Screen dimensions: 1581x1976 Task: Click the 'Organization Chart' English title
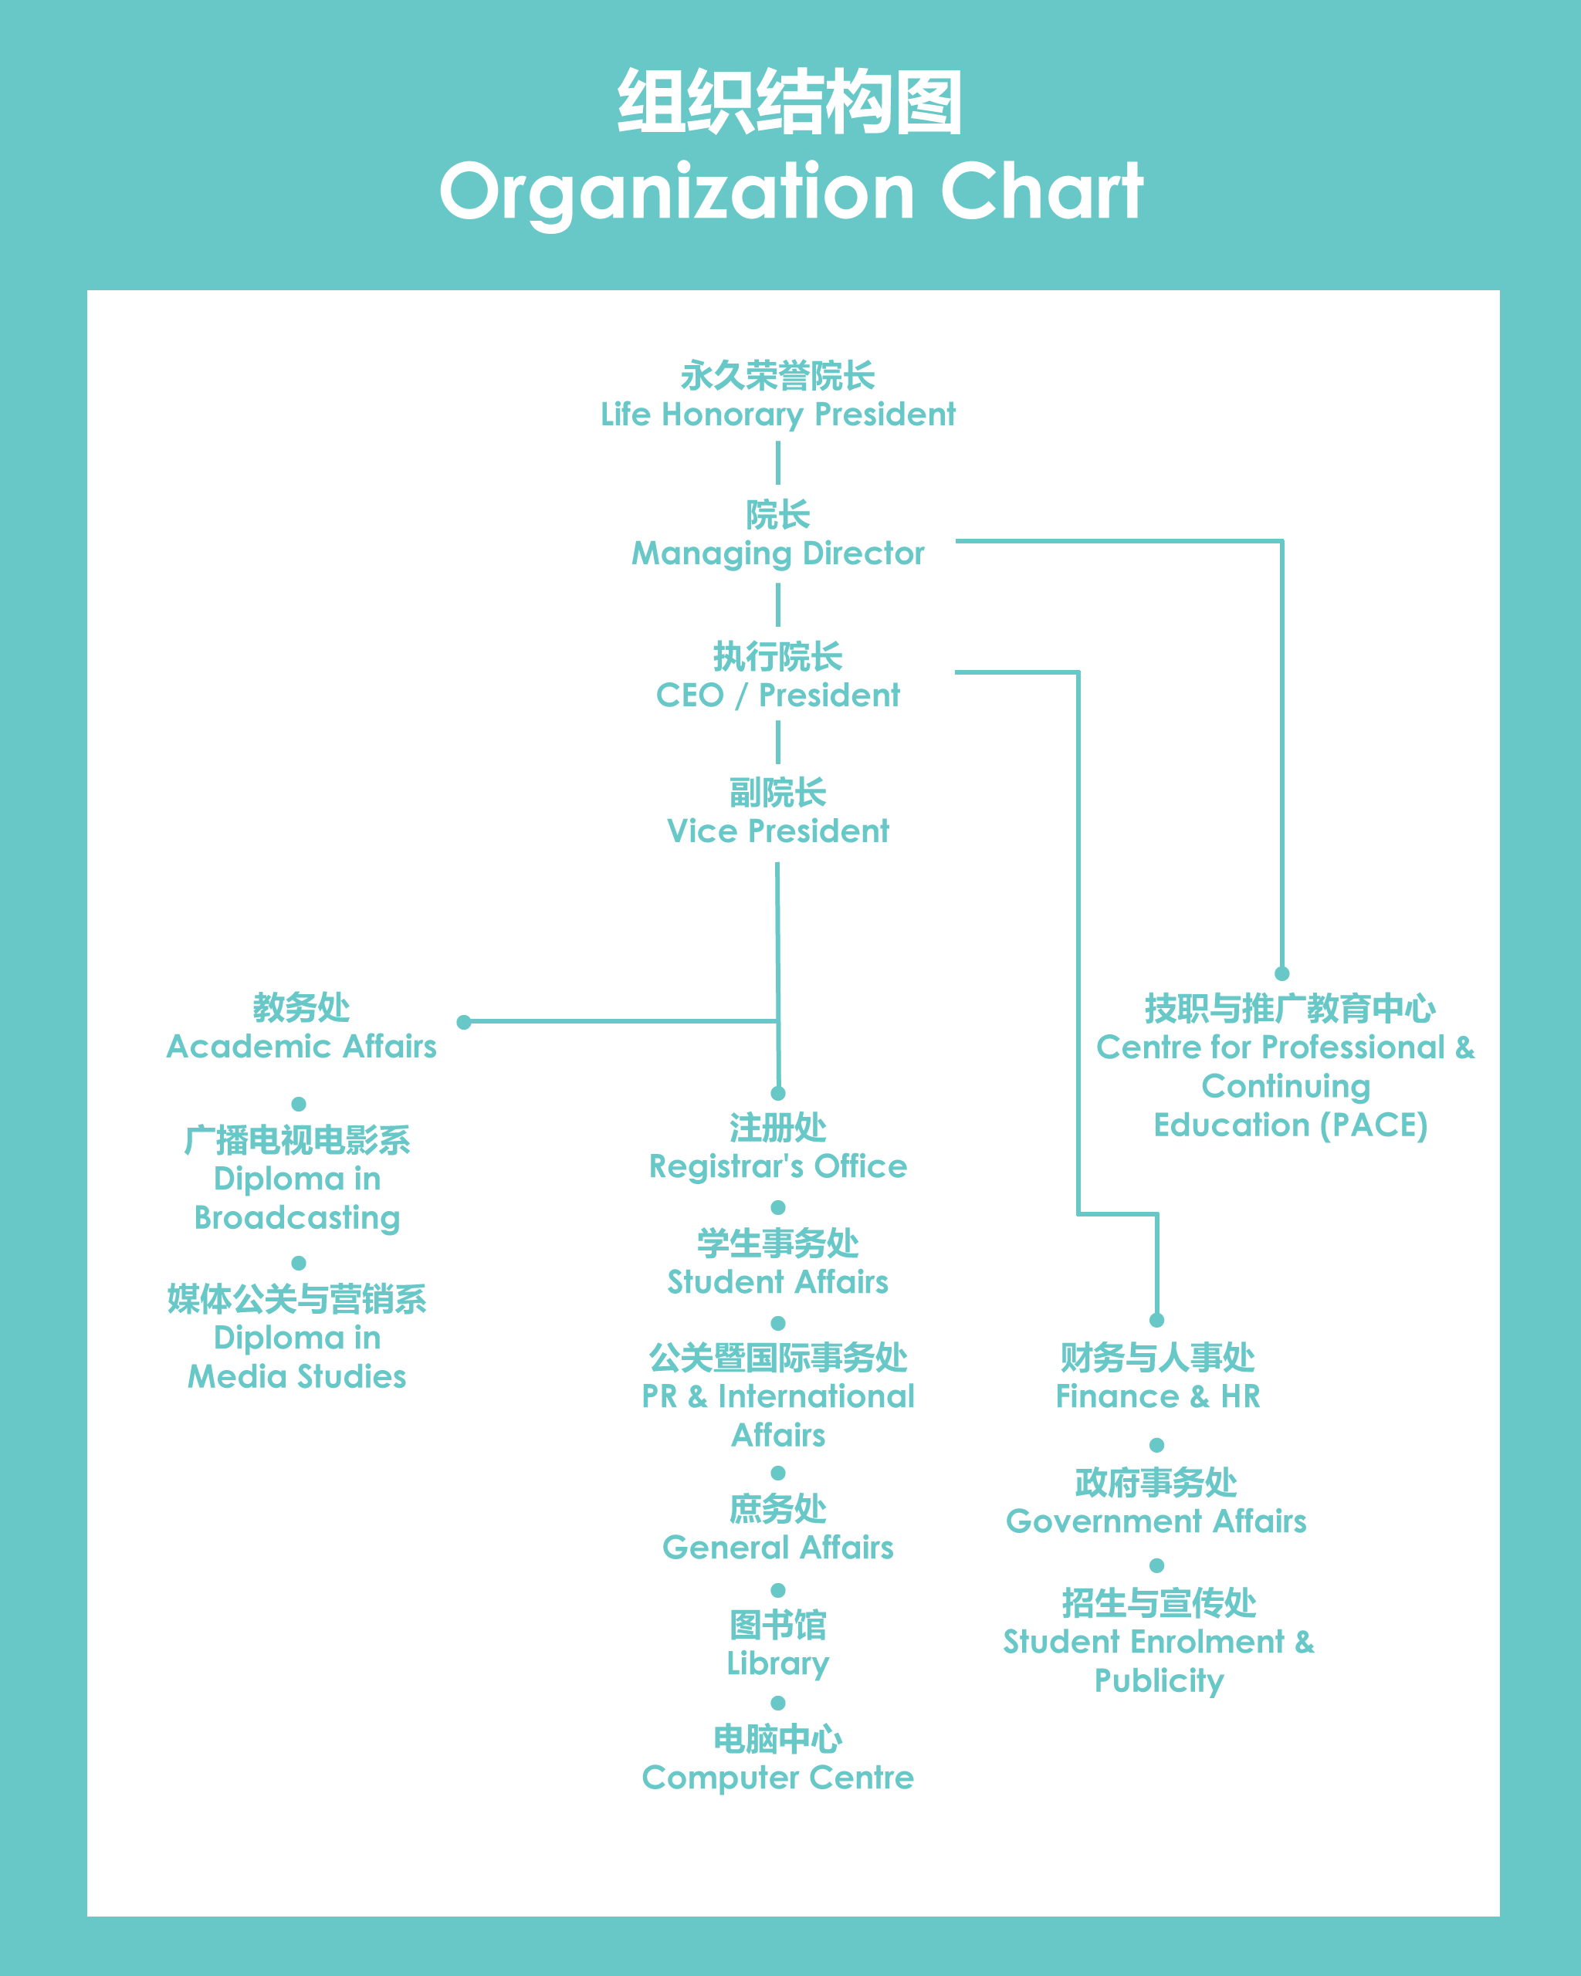point(791,191)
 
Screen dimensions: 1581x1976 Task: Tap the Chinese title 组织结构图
point(790,101)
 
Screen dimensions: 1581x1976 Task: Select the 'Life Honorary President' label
point(778,414)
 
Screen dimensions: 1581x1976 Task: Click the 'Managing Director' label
point(778,553)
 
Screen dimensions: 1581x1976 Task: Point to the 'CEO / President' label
point(778,695)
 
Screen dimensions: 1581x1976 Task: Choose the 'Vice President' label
point(778,831)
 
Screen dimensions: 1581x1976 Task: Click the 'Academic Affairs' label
point(302,1046)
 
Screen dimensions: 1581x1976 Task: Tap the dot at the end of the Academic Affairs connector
point(464,1022)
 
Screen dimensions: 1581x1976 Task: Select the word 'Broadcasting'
point(297,1218)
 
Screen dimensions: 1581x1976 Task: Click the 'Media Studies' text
point(297,1375)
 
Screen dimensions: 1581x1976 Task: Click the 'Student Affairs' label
point(778,1281)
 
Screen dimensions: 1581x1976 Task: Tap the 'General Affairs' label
point(778,1547)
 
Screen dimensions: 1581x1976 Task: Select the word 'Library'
point(778,1663)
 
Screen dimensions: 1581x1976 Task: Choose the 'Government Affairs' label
point(1156,1521)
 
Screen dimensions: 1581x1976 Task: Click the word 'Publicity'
point(1160,1681)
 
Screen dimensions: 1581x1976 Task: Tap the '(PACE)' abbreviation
point(1374,1125)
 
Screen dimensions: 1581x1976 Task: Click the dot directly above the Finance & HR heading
point(1156,1321)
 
